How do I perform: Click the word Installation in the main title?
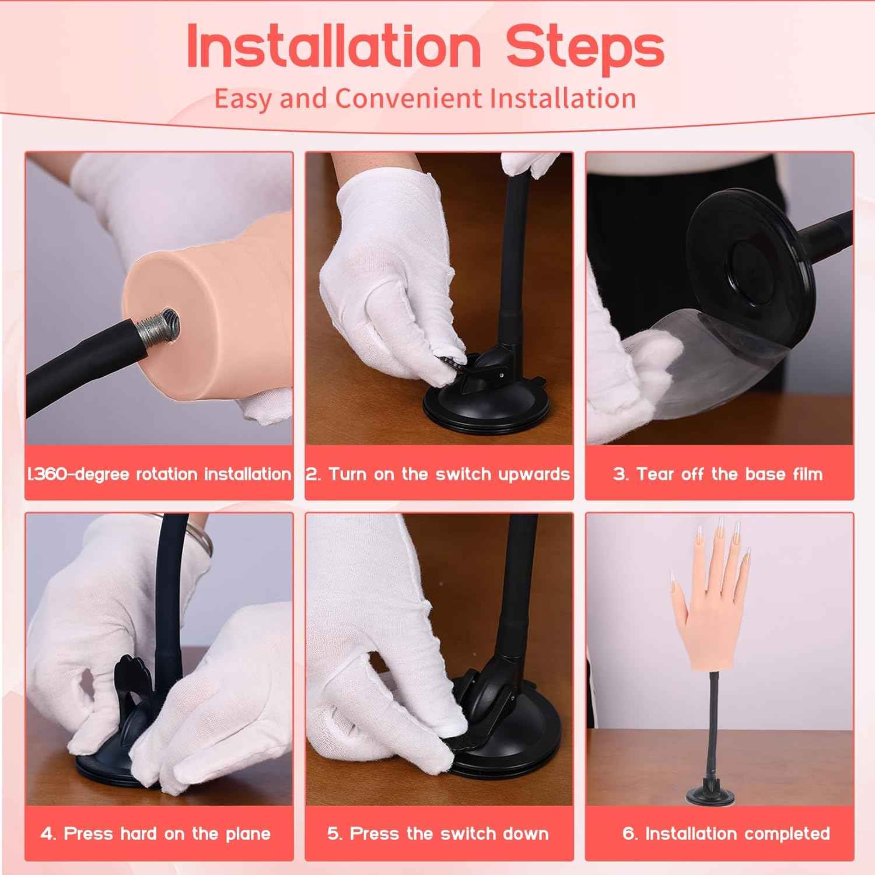coord(333,47)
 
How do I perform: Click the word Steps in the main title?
coord(585,48)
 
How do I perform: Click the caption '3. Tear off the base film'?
coord(718,474)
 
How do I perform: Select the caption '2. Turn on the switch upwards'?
coord(438,474)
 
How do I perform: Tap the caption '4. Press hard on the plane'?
coord(156,833)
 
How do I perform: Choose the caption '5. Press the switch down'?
coord(438,833)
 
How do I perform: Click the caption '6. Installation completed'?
coord(726,833)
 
